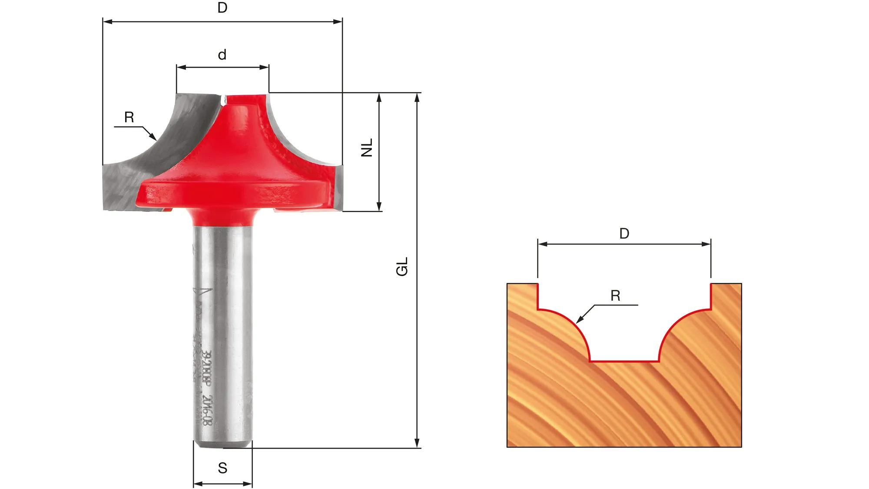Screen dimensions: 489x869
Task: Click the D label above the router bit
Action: coord(222,8)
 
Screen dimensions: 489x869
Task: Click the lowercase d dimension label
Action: coord(222,55)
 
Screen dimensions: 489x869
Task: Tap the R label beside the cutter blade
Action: coord(129,117)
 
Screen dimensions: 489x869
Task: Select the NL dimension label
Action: coord(368,148)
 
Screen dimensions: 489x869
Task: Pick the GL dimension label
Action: coord(403,266)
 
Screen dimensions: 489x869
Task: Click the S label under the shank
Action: coord(222,468)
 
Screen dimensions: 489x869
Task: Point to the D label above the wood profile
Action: coord(624,234)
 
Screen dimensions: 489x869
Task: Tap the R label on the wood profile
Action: coord(615,296)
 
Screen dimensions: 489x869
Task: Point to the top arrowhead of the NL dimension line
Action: coord(379,97)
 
